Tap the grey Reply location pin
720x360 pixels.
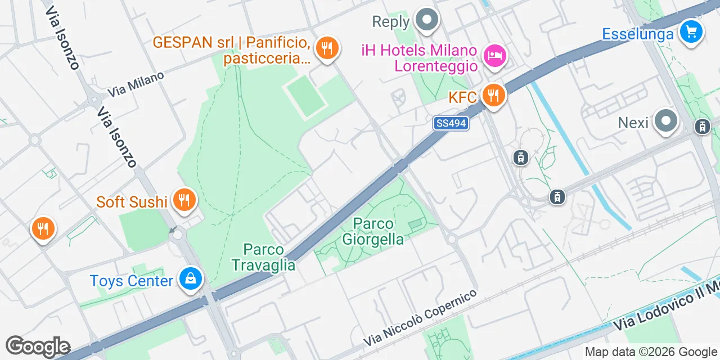pos(427,21)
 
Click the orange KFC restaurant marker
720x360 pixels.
pos(493,96)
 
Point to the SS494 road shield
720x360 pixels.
pos(451,123)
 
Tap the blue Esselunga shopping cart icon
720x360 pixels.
pos(691,31)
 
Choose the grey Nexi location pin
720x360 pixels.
pos(666,121)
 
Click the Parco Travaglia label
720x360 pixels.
pos(263,257)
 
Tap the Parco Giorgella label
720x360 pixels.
pos(373,231)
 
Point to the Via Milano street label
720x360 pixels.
pos(136,83)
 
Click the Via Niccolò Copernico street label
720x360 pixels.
pos(420,318)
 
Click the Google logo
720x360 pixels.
pos(38,346)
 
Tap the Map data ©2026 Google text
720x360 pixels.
pos(650,352)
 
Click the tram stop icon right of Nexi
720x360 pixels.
pos(702,127)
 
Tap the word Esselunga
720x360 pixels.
pos(637,34)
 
